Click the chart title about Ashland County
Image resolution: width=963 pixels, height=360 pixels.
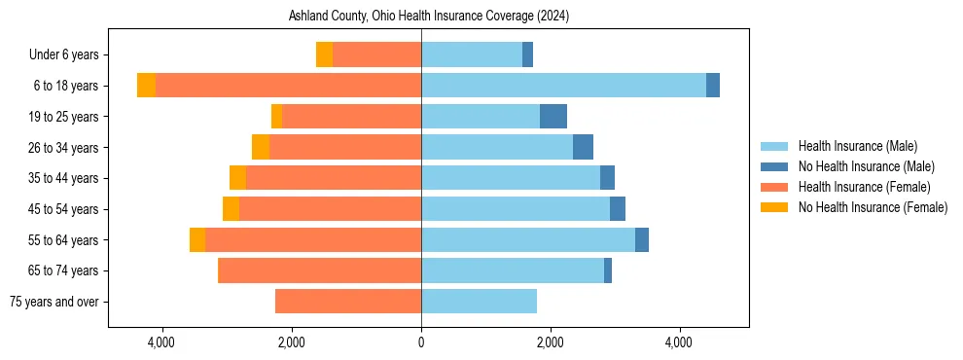[x=429, y=17]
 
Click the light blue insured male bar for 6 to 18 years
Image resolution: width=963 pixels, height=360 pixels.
[x=563, y=86]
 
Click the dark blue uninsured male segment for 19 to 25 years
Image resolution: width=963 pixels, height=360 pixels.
[x=553, y=117]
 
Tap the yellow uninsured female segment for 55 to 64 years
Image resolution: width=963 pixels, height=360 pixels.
[x=197, y=240]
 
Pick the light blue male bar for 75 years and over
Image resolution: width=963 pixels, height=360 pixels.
[x=479, y=302]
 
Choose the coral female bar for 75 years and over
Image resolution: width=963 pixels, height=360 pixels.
[x=348, y=302]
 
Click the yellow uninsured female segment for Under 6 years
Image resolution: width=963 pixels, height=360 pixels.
[x=324, y=55]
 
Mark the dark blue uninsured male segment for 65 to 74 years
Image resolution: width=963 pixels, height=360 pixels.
[x=608, y=270]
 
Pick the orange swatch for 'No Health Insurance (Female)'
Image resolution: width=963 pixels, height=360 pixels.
[x=774, y=207]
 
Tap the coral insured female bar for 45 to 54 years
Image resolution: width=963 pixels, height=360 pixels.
[x=330, y=209]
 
